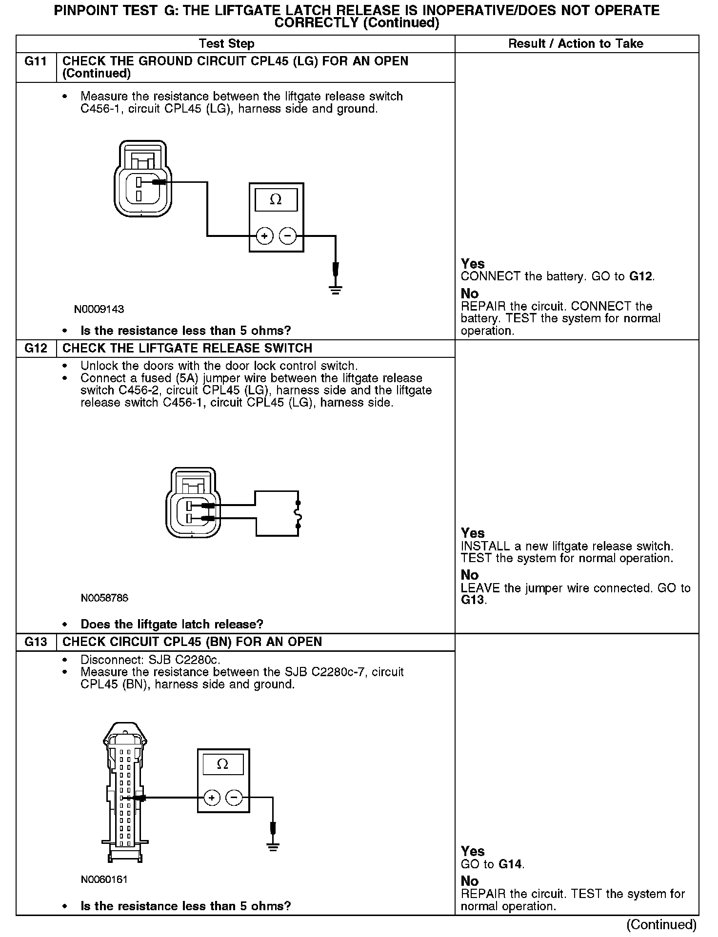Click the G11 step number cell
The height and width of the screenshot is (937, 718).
pyautogui.click(x=36, y=61)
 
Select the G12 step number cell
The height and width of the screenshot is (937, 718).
pyautogui.click(x=36, y=348)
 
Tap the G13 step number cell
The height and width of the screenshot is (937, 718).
pyautogui.click(x=36, y=642)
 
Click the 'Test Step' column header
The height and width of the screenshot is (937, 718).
pyautogui.click(x=227, y=44)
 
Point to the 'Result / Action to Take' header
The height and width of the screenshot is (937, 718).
pyautogui.click(x=576, y=44)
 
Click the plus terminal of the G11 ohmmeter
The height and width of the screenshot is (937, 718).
pyautogui.click(x=264, y=236)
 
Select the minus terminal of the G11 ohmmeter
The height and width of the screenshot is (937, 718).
pyautogui.click(x=287, y=236)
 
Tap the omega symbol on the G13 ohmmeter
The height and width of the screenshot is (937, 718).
pyautogui.click(x=222, y=764)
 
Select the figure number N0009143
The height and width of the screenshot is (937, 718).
pyautogui.click(x=99, y=310)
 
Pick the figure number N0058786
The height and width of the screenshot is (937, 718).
pyautogui.click(x=104, y=598)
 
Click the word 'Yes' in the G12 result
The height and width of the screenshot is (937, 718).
pyautogui.click(x=473, y=533)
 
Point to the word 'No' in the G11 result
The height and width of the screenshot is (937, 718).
pyautogui.click(x=470, y=293)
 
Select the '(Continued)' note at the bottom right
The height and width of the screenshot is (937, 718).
pyautogui.click(x=661, y=924)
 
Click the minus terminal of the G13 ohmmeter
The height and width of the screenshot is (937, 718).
pyautogui.click(x=235, y=798)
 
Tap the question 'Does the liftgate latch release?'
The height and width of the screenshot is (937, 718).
pyautogui.click(x=172, y=624)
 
